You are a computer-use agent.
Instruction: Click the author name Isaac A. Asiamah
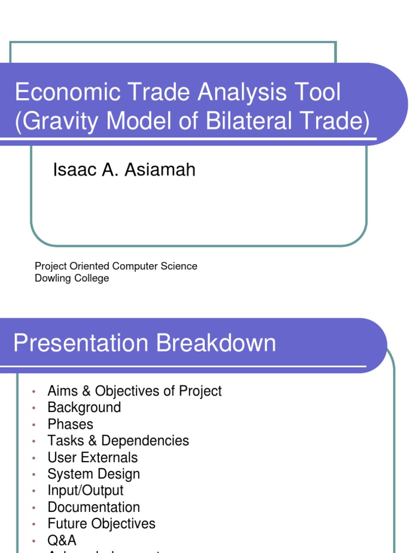click(124, 170)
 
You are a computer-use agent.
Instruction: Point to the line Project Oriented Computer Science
click(116, 266)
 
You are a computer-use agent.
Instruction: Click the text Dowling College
click(72, 279)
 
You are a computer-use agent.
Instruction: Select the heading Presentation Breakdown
click(144, 343)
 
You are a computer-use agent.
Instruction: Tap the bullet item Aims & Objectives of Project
click(135, 391)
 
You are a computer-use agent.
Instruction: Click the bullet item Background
click(84, 407)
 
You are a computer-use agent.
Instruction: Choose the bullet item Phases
click(70, 424)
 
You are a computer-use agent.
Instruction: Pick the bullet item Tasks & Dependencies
click(118, 441)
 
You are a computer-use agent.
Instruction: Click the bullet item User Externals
click(92, 457)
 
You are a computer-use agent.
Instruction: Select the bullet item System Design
click(93, 474)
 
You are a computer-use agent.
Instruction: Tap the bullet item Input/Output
click(85, 490)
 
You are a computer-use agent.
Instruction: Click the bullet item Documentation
click(93, 507)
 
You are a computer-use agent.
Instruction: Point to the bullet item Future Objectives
click(102, 524)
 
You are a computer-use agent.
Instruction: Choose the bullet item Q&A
click(62, 540)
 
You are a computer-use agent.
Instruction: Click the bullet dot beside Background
click(34, 408)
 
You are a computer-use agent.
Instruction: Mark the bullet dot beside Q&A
click(34, 541)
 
